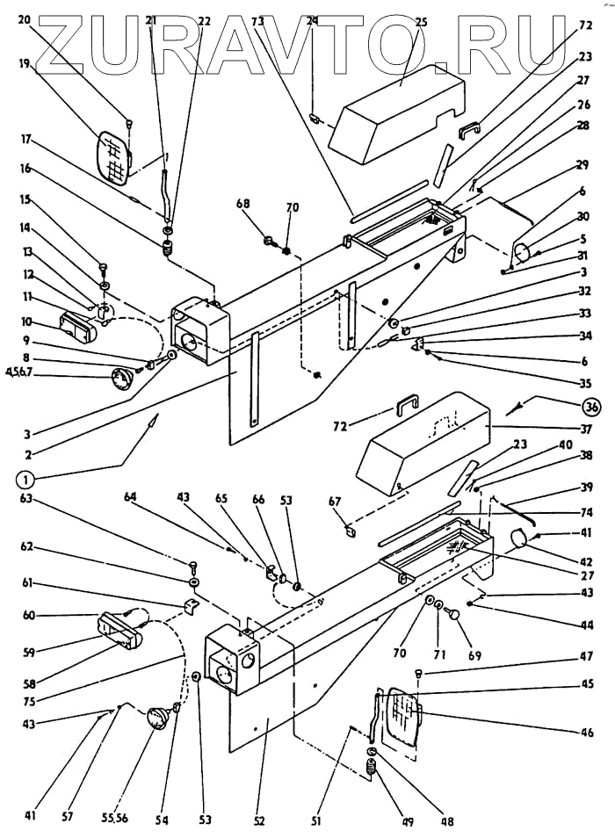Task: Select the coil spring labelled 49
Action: [x=372, y=770]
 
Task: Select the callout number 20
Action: [x=24, y=19]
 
